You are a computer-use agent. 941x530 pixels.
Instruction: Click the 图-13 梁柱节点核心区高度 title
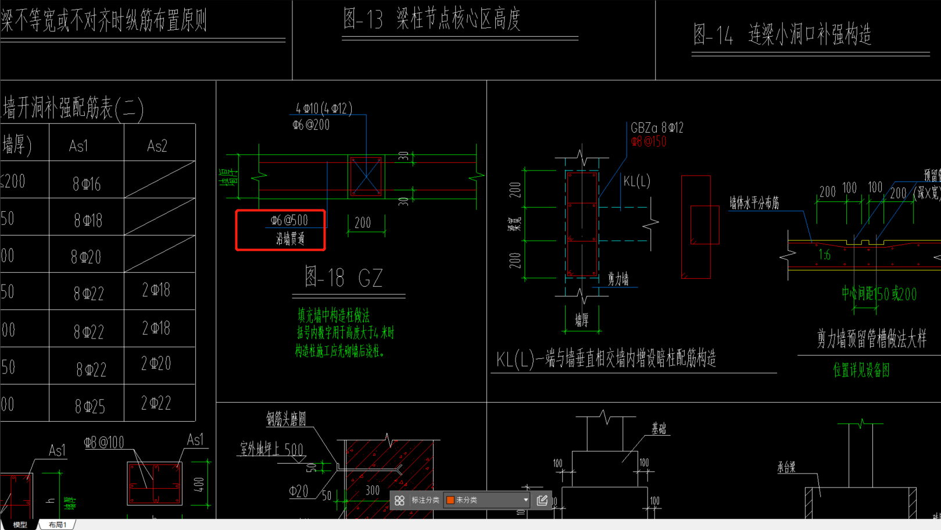click(x=431, y=20)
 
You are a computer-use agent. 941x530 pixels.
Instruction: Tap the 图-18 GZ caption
click(x=344, y=278)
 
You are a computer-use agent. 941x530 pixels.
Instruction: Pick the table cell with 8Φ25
click(x=90, y=406)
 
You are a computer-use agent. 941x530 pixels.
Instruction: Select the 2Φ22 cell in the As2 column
click(x=156, y=403)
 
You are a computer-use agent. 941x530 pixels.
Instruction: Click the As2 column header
click(x=157, y=146)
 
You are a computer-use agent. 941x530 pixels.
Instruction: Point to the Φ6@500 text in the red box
click(x=289, y=220)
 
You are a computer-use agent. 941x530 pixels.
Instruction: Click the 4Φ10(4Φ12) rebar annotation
click(x=324, y=109)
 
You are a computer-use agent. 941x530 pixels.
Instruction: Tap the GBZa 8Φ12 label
click(x=657, y=128)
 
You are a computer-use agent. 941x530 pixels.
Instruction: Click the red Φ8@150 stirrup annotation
click(x=649, y=142)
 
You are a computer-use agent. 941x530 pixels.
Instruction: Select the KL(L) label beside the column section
click(x=636, y=182)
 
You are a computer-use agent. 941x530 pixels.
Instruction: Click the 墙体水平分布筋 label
click(x=754, y=203)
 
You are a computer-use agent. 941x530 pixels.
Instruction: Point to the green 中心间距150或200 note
click(x=879, y=294)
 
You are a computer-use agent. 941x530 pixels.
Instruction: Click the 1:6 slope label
click(x=824, y=255)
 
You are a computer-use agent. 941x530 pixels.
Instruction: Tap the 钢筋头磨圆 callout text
click(x=286, y=419)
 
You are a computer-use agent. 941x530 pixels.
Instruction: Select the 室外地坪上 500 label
click(x=271, y=449)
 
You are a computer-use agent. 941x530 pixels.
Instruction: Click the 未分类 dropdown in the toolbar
click(x=487, y=500)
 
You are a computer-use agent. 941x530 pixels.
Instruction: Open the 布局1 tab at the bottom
click(x=58, y=525)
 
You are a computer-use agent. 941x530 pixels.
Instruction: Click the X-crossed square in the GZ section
click(x=366, y=176)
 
